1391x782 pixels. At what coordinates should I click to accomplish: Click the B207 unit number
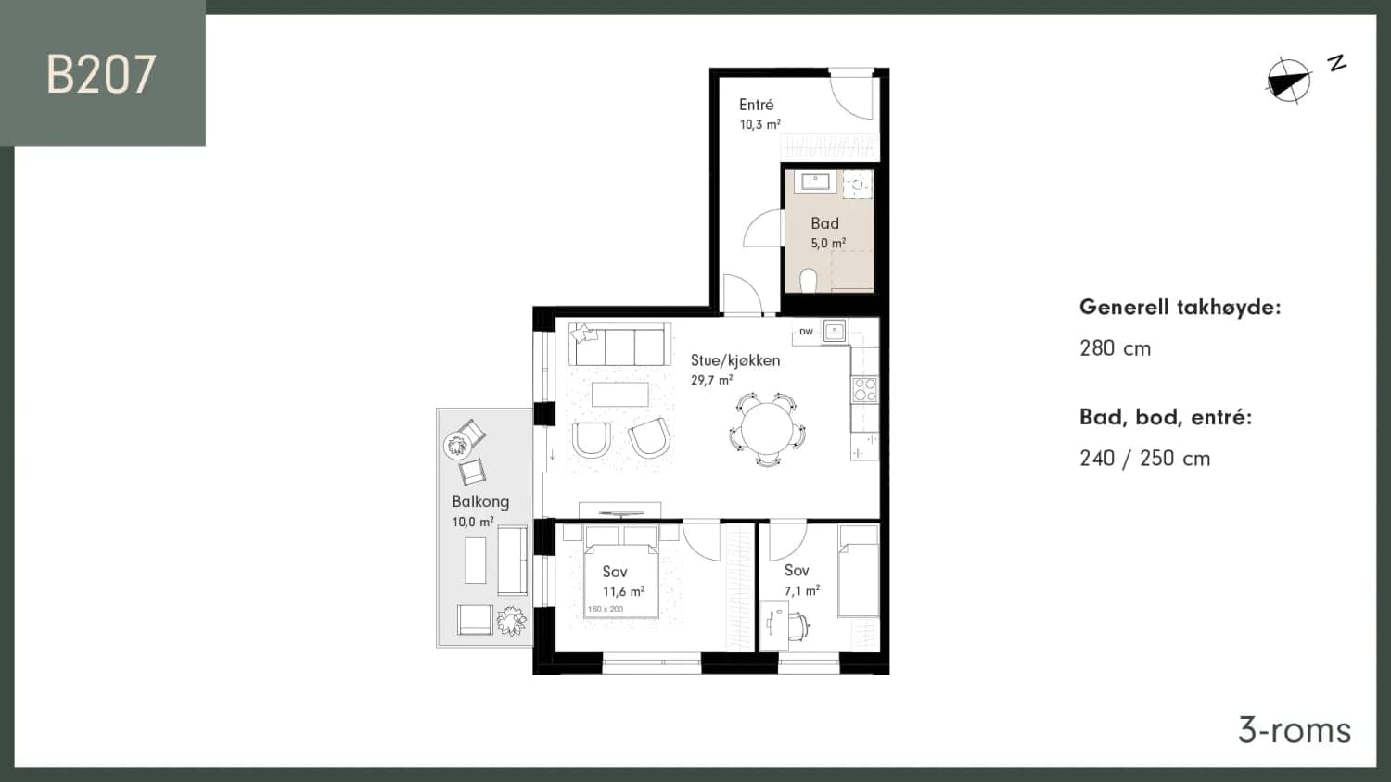point(100,74)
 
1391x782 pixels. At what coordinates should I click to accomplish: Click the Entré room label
point(757,105)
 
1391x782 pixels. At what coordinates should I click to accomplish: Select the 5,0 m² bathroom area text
point(828,243)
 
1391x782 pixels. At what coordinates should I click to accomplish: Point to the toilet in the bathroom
point(809,280)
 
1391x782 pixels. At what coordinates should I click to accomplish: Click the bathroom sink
point(815,182)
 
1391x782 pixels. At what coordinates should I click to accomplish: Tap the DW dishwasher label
point(806,332)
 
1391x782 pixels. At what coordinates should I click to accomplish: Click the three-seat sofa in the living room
point(619,345)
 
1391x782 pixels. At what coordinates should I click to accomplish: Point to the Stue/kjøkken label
point(735,360)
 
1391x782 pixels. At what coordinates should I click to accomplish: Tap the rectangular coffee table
point(619,395)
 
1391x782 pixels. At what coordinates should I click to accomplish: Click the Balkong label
point(480,501)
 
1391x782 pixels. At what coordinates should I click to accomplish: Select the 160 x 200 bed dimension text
point(605,609)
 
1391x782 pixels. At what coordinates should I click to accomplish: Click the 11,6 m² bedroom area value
point(623,591)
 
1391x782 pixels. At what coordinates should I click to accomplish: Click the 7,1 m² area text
point(802,590)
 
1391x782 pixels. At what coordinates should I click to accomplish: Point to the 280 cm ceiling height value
point(1116,348)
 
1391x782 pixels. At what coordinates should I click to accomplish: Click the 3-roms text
point(1295,731)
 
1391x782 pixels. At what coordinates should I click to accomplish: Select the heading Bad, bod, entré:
point(1166,417)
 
